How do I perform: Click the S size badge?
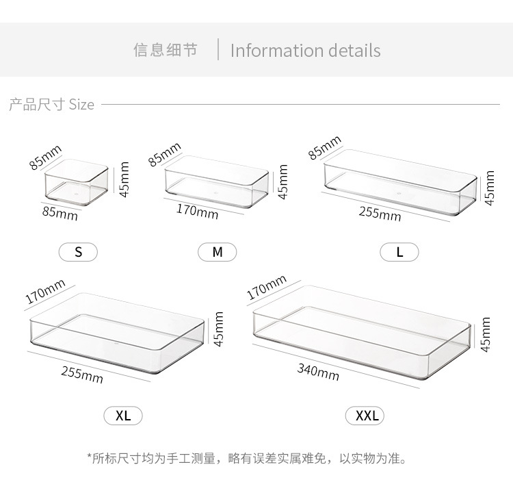coord(79,252)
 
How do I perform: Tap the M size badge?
coord(218,252)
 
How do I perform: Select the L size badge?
coord(399,252)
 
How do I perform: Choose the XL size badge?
coord(123,415)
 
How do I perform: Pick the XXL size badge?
coord(367,416)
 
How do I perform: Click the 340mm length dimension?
coord(318,372)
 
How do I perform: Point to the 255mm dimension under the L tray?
coord(380,213)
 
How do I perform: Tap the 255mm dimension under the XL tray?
coord(82,374)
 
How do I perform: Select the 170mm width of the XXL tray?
coord(266,288)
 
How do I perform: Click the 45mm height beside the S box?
coord(124,179)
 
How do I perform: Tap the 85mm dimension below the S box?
coord(60,213)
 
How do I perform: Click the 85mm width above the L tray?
coord(324,148)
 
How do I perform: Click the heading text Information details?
coord(305,51)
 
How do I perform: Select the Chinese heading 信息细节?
coord(165,51)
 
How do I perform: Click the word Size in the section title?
coord(81,105)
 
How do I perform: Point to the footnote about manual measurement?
coord(247,457)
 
